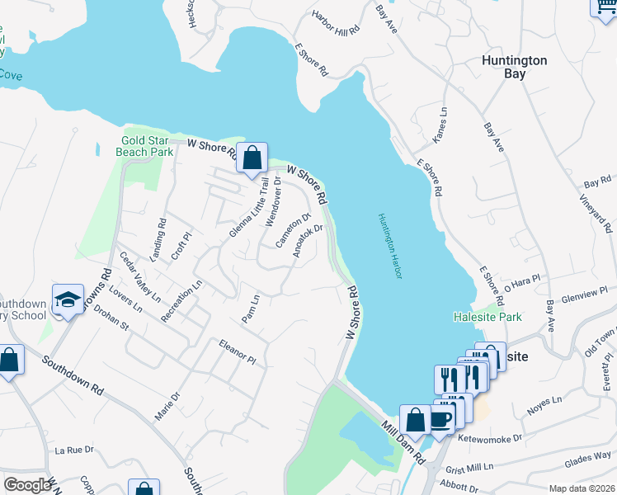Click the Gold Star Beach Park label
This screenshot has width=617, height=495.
pos(149,146)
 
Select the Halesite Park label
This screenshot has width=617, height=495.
pos(487,317)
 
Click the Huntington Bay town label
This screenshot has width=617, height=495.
pos(514,67)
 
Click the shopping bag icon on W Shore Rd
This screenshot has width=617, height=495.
pos(252,156)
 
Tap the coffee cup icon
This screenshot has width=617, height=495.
pos(440,417)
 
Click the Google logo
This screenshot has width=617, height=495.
pos(27,485)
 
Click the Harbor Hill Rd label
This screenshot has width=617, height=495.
pos(337,22)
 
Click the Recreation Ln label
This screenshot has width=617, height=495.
pos(181,301)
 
